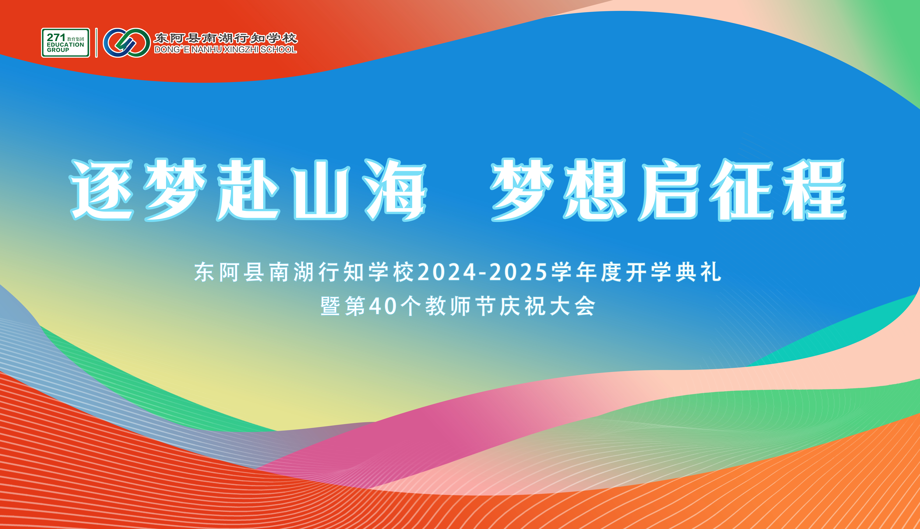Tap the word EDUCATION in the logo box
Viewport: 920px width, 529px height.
[65, 45]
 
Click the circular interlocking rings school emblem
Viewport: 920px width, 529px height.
[127, 43]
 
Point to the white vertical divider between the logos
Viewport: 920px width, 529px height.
[96, 43]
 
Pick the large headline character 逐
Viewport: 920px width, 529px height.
[102, 190]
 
